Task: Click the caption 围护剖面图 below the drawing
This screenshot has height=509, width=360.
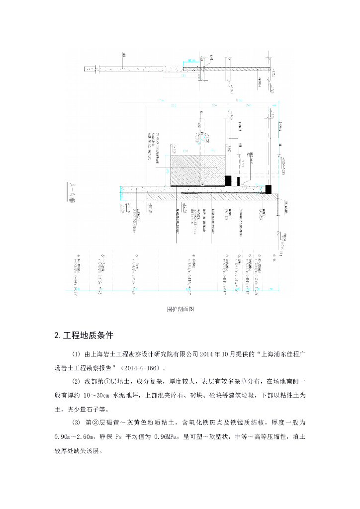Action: click(180, 309)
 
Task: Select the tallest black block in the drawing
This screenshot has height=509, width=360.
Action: click(228, 180)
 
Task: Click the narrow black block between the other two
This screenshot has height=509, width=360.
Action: click(239, 181)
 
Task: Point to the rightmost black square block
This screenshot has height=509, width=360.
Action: click(269, 189)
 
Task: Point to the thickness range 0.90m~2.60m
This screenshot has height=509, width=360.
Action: click(75, 437)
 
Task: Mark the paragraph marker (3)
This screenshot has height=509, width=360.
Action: click(76, 423)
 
